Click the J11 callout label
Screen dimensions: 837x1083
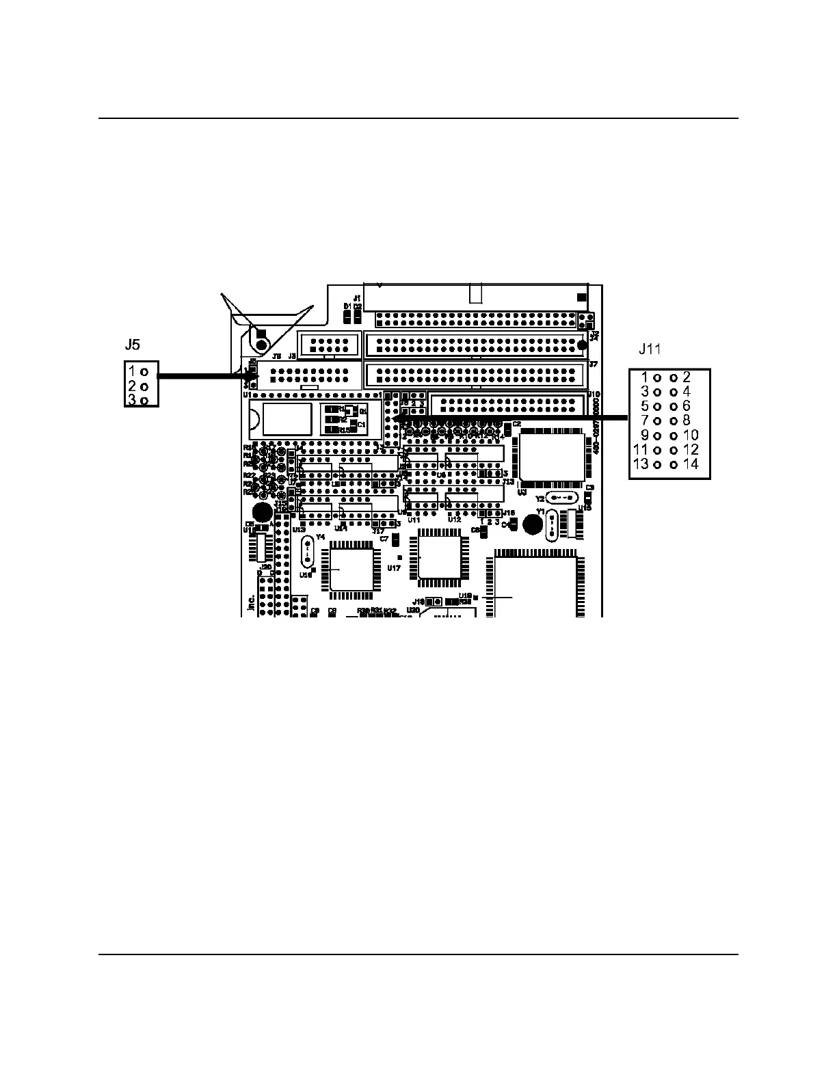(650, 350)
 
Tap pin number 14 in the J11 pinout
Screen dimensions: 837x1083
(691, 464)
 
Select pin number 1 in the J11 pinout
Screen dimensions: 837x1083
(644, 377)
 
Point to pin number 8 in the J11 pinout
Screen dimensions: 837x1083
(687, 420)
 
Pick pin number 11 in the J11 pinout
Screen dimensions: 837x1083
(641, 450)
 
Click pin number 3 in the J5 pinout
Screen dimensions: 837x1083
(132, 400)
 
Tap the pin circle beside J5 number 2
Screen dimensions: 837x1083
(144, 386)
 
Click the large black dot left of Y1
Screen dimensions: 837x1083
(532, 524)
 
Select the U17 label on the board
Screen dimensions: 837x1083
(394, 567)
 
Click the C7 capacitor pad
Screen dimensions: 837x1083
(395, 540)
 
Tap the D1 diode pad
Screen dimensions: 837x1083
(347, 317)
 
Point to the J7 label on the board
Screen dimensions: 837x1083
(594, 364)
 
